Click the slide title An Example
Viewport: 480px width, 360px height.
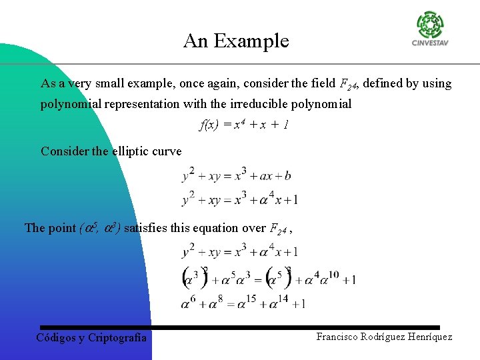[x=236, y=41]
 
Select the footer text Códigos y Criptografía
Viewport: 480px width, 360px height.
[x=91, y=337]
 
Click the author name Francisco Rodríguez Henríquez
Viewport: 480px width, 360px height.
[x=384, y=337]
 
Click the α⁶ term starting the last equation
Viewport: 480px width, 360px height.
[x=188, y=303]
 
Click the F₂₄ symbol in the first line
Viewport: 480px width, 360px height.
[x=349, y=85]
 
